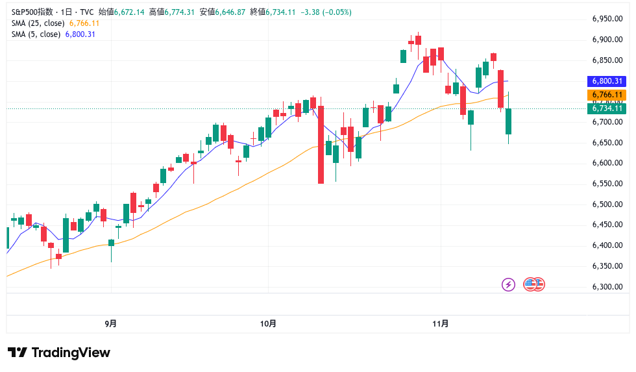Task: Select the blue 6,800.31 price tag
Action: click(607, 81)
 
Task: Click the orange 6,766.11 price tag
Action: click(607, 95)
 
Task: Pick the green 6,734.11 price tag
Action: click(607, 108)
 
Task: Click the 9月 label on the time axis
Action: click(111, 323)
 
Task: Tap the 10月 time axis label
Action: click(268, 323)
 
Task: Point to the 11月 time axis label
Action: click(440, 323)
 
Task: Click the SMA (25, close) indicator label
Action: click(38, 23)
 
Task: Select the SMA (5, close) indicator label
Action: click(36, 34)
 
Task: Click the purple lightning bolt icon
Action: click(509, 284)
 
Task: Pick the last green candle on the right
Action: click(509, 121)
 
